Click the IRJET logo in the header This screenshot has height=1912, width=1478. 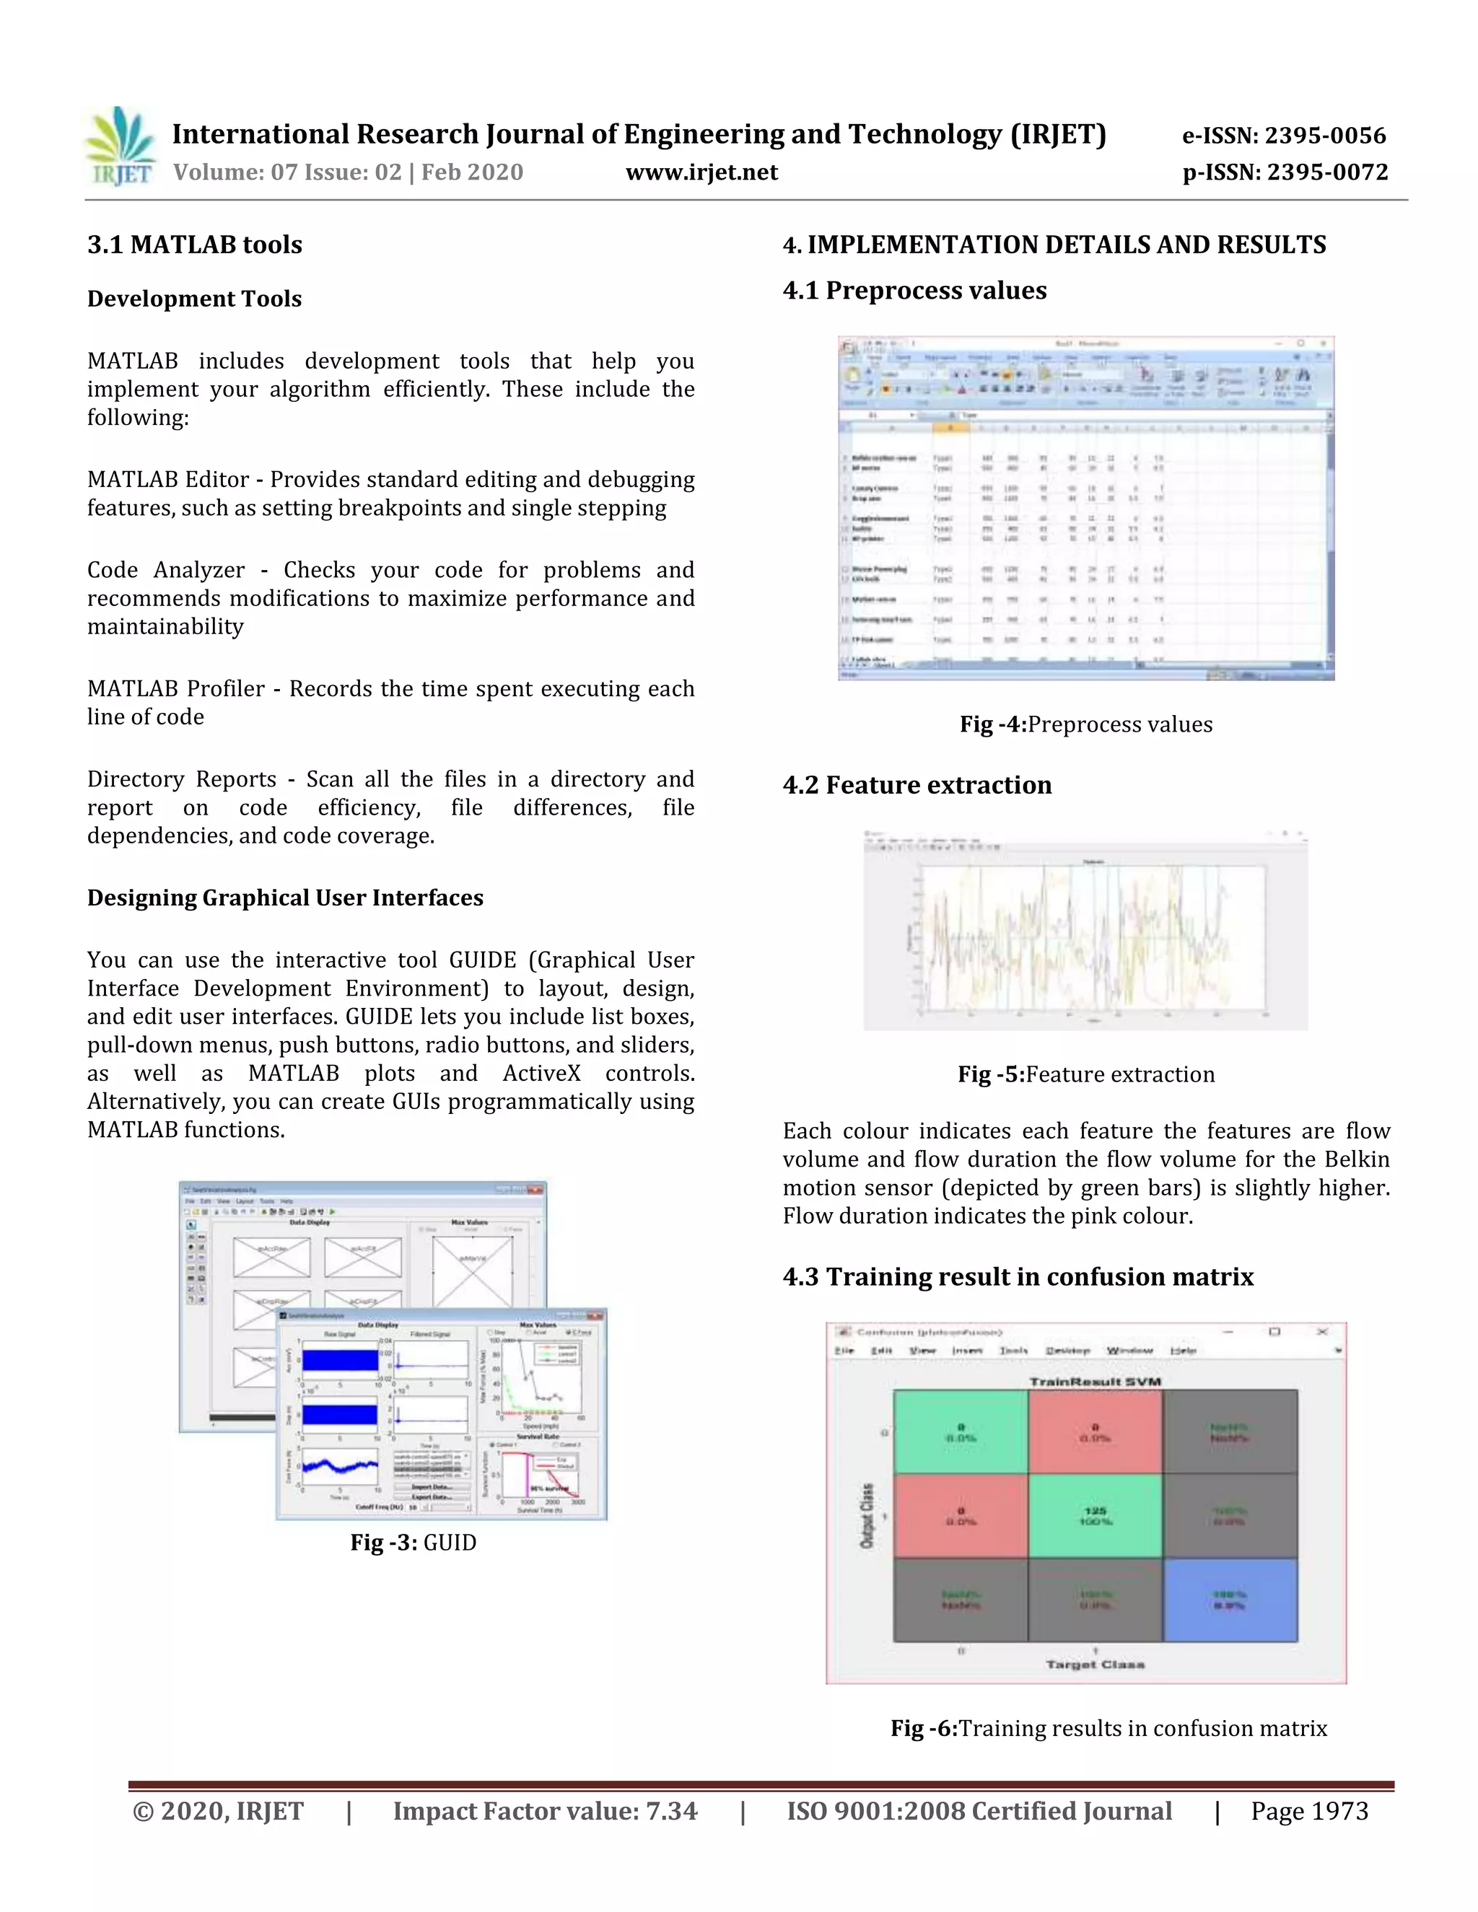[x=121, y=146]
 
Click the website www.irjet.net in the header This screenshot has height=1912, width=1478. [x=701, y=172]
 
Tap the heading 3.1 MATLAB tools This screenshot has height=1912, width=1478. [x=194, y=245]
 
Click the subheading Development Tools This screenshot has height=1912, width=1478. [x=194, y=299]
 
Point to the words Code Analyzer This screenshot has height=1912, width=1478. [x=165, y=570]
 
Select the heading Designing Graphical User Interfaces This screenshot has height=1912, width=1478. [x=284, y=898]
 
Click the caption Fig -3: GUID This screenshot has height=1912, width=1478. [x=414, y=1566]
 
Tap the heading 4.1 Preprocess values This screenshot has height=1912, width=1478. [x=914, y=290]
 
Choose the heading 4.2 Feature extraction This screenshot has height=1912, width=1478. [x=917, y=784]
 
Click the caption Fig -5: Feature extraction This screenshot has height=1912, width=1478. [x=1085, y=1074]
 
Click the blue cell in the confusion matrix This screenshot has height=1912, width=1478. [x=1229, y=1600]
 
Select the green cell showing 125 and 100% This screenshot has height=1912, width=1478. [x=1095, y=1515]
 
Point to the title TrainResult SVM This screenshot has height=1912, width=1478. [x=1095, y=1382]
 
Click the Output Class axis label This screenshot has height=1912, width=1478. [x=867, y=1515]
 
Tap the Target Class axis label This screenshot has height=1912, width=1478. [x=1095, y=1665]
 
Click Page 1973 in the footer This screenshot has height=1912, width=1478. [x=1309, y=1811]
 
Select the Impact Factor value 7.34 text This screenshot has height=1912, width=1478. [x=545, y=1811]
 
